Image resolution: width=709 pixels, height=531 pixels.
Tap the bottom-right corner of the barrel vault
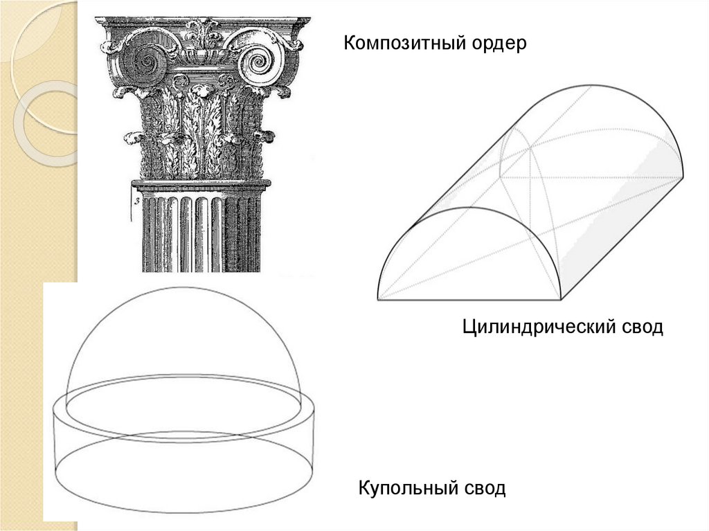pyautogui.click(x=560, y=299)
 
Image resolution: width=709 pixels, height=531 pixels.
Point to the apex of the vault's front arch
pyautogui.click(x=469, y=208)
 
